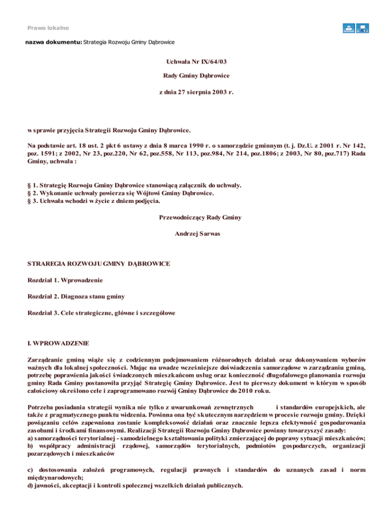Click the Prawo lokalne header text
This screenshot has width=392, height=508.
point(48,27)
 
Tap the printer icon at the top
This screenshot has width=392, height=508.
point(349,29)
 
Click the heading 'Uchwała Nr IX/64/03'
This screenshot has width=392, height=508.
point(197,61)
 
